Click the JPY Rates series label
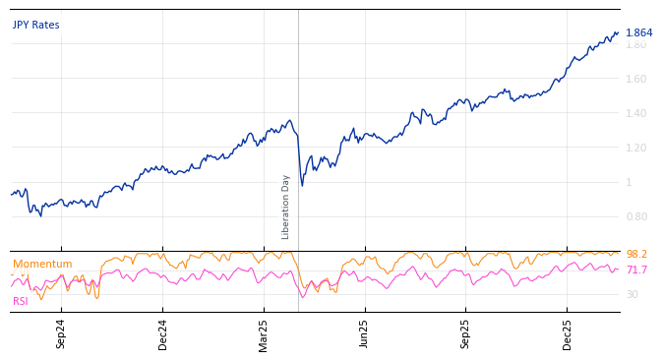pyautogui.click(x=35, y=26)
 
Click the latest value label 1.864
pyautogui.click(x=638, y=33)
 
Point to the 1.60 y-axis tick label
pyautogui.click(x=636, y=79)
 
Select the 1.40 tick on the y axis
pyautogui.click(x=636, y=113)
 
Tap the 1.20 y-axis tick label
pyautogui.click(x=636, y=148)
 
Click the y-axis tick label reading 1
pyautogui.click(x=629, y=182)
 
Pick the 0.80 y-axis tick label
pyautogui.click(x=636, y=216)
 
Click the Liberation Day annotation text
pyautogui.click(x=286, y=207)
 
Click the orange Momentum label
pyautogui.click(x=42, y=265)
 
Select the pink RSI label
pyautogui.click(x=21, y=301)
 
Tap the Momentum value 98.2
pyautogui.click(x=636, y=255)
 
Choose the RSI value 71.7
pyautogui.click(x=636, y=270)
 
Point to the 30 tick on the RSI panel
pyautogui.click(x=632, y=294)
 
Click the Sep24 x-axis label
pyautogui.click(x=61, y=334)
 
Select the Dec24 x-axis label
pyautogui.click(x=163, y=334)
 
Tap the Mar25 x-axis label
pyautogui.click(x=264, y=334)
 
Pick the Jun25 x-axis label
pyautogui.click(x=365, y=334)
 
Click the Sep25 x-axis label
pyautogui.click(x=466, y=334)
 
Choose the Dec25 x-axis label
pyautogui.click(x=568, y=334)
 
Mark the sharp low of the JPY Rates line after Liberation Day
pyautogui.click(x=302, y=185)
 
